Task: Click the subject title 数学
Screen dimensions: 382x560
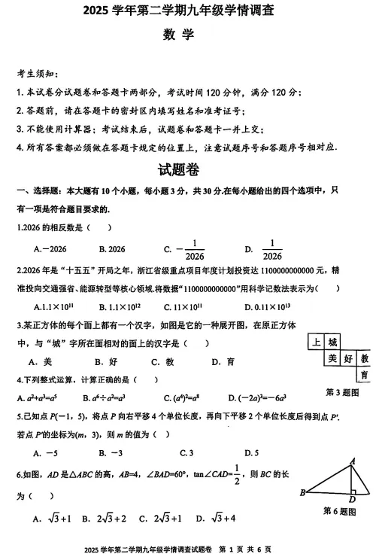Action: (178, 35)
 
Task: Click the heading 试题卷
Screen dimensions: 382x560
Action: (177, 170)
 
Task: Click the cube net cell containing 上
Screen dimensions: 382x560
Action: (317, 342)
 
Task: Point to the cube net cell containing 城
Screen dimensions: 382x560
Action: (333, 342)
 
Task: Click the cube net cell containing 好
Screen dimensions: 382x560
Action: (349, 358)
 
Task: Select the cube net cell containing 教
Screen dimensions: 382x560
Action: (365, 358)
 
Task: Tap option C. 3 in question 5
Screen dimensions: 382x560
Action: (186, 452)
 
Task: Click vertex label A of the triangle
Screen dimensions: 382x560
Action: (352, 461)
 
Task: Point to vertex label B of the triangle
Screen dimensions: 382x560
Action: (302, 493)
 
